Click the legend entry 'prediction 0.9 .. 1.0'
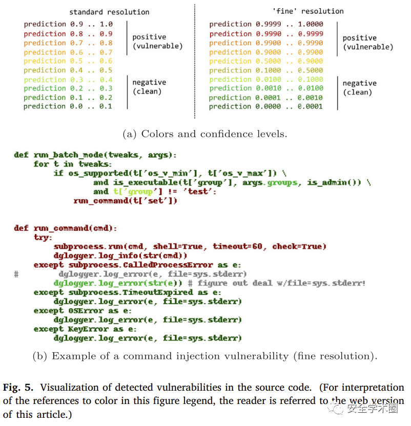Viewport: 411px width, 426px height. coord(68,24)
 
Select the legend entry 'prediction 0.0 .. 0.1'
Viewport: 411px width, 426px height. coord(68,106)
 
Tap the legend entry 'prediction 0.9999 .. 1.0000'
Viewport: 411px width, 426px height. coord(266,24)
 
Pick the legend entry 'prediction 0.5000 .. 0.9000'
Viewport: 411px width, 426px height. coord(266,61)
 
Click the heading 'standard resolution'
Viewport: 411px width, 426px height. coord(109,11)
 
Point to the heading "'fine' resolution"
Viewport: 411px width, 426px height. coord(307,11)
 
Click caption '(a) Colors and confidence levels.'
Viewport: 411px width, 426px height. coord(205,134)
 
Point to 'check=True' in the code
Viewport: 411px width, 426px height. coord(299,247)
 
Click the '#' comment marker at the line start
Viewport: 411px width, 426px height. coord(16,274)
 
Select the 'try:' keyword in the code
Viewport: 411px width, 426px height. coord(43,238)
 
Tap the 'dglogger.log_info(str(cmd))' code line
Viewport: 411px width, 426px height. coord(120,256)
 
